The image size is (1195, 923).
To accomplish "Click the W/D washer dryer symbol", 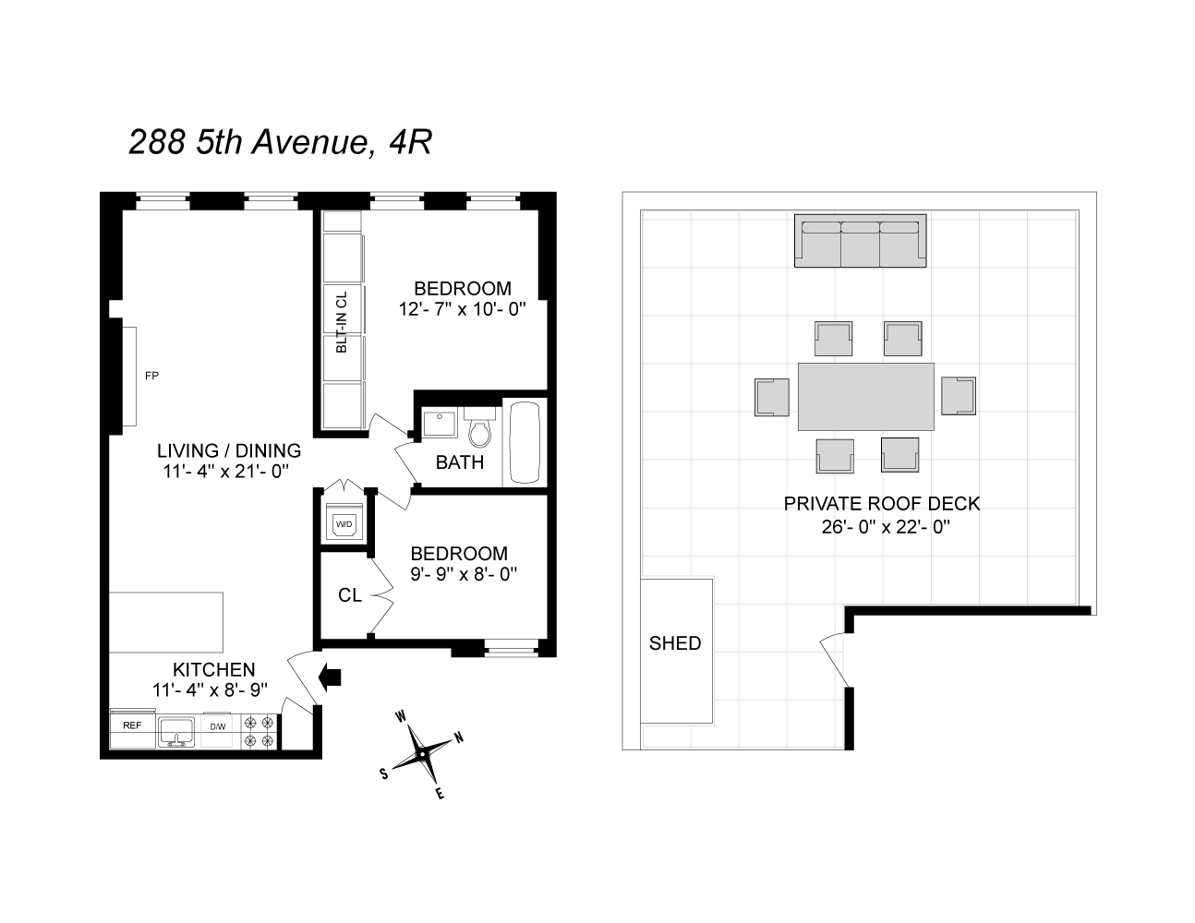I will [344, 525].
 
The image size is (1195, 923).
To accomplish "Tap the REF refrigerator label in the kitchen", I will [132, 725].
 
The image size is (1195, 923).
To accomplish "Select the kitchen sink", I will [175, 732].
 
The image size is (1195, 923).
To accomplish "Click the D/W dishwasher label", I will [218, 726].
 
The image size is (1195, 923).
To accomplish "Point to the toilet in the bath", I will [478, 429].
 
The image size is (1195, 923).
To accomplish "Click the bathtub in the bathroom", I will [525, 443].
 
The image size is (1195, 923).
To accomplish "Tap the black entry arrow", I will [329, 677].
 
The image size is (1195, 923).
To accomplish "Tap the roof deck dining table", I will [866, 396].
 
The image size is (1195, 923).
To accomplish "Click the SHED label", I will [675, 643].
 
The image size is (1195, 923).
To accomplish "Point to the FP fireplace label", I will [152, 376].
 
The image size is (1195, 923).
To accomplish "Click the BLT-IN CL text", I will [342, 322].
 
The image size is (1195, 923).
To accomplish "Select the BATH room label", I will [460, 462].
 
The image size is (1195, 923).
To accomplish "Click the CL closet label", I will [349, 595].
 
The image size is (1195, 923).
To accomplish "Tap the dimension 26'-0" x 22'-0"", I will [881, 528].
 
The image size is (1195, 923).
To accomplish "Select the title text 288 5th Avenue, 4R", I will [280, 142].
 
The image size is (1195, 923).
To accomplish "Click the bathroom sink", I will [440, 426].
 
